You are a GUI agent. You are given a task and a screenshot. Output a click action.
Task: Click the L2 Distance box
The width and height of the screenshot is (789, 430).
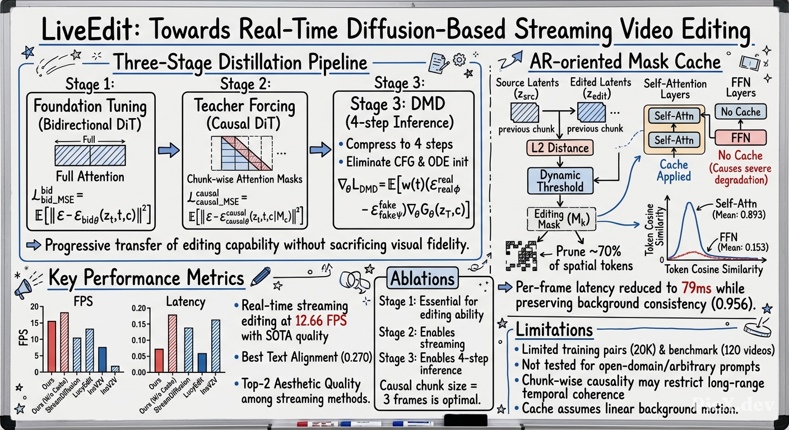[560, 148]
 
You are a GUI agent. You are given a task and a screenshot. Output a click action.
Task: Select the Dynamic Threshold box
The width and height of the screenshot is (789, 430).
[560, 181]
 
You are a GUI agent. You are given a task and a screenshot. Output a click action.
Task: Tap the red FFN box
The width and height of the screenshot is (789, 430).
[740, 138]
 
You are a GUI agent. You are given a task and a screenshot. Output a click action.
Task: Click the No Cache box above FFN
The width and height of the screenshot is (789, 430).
[740, 111]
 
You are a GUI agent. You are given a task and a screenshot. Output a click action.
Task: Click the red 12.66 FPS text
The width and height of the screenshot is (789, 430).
[321, 321]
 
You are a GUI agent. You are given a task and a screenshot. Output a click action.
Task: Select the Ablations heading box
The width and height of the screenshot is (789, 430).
[423, 278]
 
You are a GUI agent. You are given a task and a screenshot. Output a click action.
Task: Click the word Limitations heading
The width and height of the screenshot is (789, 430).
[554, 330]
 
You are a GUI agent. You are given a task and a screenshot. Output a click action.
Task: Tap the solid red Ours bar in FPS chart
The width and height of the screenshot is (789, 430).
[52, 347]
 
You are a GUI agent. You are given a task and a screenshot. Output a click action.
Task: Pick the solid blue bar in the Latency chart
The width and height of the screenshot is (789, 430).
[202, 363]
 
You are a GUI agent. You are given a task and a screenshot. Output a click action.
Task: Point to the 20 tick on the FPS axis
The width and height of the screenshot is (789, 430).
[34, 306]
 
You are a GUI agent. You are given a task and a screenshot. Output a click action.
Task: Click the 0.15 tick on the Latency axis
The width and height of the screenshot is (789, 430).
[139, 324]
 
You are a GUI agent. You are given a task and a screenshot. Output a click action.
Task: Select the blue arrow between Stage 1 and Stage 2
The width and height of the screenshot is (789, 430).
[169, 150]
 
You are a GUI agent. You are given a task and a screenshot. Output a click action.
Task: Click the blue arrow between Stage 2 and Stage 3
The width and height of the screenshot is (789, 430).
[321, 149]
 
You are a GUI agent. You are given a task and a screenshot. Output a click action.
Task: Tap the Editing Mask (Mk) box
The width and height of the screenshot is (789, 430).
[561, 219]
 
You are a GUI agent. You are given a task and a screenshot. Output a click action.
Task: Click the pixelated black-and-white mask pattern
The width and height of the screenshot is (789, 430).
[521, 256]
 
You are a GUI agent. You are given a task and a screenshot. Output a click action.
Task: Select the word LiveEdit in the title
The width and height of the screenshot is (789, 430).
[87, 30]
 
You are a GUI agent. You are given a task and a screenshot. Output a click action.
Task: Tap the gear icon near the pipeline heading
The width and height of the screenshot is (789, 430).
[460, 60]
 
